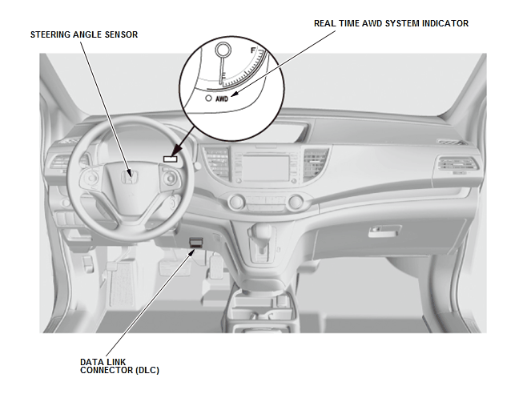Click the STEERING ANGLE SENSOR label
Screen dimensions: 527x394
pyautogui.click(x=84, y=34)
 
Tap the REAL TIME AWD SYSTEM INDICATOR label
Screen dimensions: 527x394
pyautogui.click(x=391, y=23)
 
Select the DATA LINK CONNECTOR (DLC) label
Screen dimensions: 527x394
pyautogui.click(x=119, y=366)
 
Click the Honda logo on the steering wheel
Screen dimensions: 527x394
pyautogui.click(x=130, y=177)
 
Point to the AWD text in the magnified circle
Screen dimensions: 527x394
pyautogui.click(x=222, y=98)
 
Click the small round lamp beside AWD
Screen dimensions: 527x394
pyautogui.click(x=209, y=98)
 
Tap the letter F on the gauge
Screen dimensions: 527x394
pyautogui.click(x=253, y=50)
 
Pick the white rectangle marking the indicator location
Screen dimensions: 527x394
pyautogui.click(x=170, y=159)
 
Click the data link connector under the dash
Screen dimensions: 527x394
pyautogui.click(x=195, y=243)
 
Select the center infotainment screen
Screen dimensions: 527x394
pyautogui.click(x=266, y=168)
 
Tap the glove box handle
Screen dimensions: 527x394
pyautogui.click(x=384, y=231)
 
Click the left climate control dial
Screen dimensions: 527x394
pyautogui.click(x=236, y=202)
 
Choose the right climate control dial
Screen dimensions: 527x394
pyautogui.click(x=296, y=202)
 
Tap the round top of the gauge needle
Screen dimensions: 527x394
pyautogui.click(x=223, y=50)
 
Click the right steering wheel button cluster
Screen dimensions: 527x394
pyautogui.click(x=171, y=178)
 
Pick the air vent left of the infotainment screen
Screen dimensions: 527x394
pyautogui.click(x=217, y=163)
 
